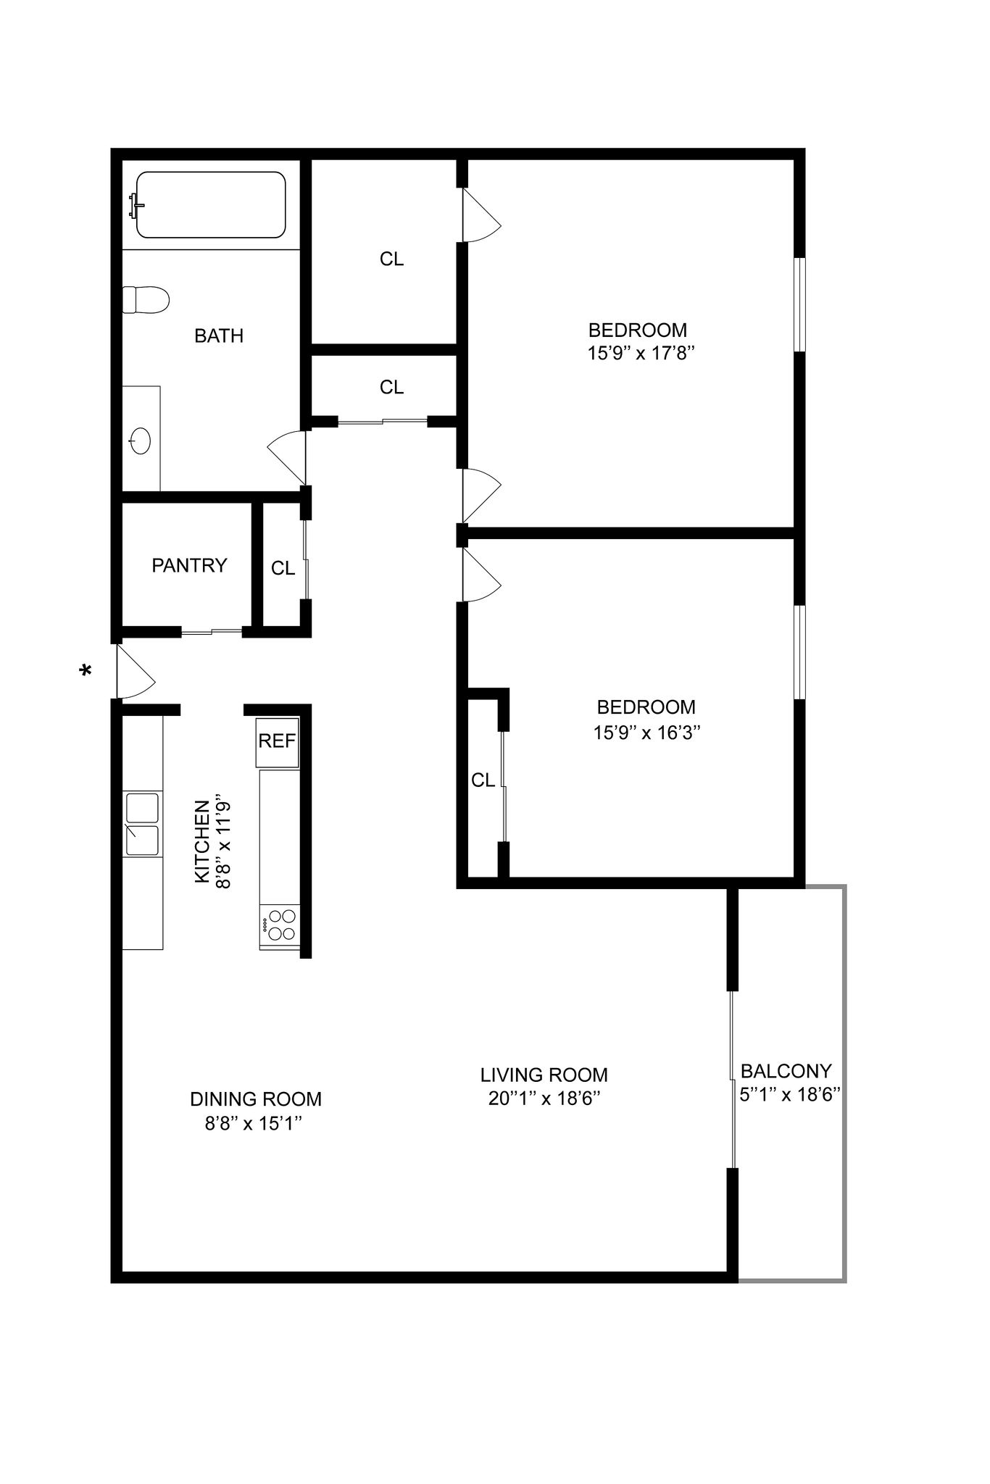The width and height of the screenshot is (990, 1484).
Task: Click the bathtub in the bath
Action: coord(210,205)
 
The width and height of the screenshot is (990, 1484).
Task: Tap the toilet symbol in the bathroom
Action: coord(146,299)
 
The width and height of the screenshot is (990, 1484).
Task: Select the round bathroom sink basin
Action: coord(140,441)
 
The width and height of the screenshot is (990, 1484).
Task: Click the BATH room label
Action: coord(219,336)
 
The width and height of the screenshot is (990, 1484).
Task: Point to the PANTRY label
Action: coord(189,565)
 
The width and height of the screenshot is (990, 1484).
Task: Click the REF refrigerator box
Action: coord(277,741)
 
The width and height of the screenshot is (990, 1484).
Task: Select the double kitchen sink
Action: coord(142,825)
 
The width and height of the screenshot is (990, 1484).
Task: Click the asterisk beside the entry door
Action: coord(86,671)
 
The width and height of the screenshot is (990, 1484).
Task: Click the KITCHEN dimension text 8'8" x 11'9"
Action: coord(224,844)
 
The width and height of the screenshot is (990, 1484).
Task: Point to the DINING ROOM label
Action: coord(255,1099)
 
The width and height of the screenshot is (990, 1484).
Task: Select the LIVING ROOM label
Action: coord(544,1075)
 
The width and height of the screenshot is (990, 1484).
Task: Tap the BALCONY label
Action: coord(786,1071)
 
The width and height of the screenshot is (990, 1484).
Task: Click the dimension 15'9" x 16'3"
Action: coord(646,733)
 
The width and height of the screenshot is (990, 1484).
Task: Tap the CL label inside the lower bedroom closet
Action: coord(483,780)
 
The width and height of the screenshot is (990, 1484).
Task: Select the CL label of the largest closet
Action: coord(391,259)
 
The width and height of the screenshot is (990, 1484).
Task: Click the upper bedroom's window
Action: coord(799,304)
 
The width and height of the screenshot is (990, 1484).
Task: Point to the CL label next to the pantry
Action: coord(283,569)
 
